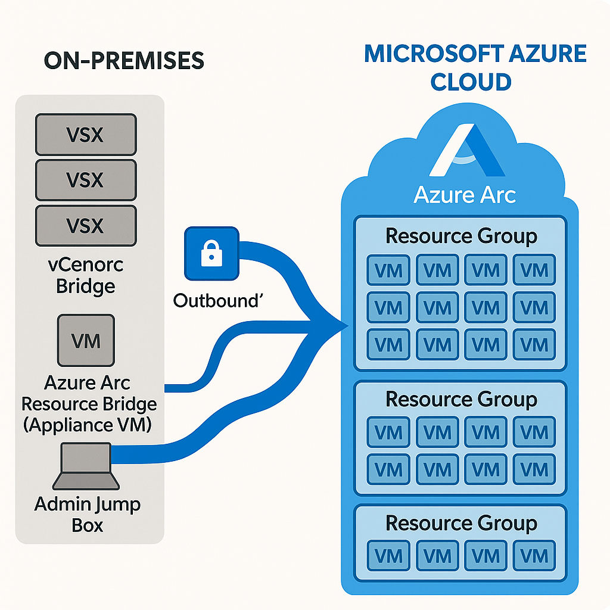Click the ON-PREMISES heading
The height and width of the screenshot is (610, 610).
pos(123,61)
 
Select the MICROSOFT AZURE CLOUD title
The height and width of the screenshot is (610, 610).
pos(475,67)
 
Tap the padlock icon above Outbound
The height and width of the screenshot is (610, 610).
pos(211,254)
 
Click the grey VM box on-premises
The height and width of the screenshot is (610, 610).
pos(86,341)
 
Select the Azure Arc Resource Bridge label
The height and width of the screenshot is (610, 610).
pos(89,403)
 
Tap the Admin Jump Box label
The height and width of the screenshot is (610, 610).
pos(87,515)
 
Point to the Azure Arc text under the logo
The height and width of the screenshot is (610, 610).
pos(465,195)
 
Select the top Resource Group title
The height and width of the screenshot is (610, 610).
pos(461,236)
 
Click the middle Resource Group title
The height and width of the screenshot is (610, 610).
pos(461,399)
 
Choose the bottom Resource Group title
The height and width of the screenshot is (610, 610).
pos(461,523)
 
